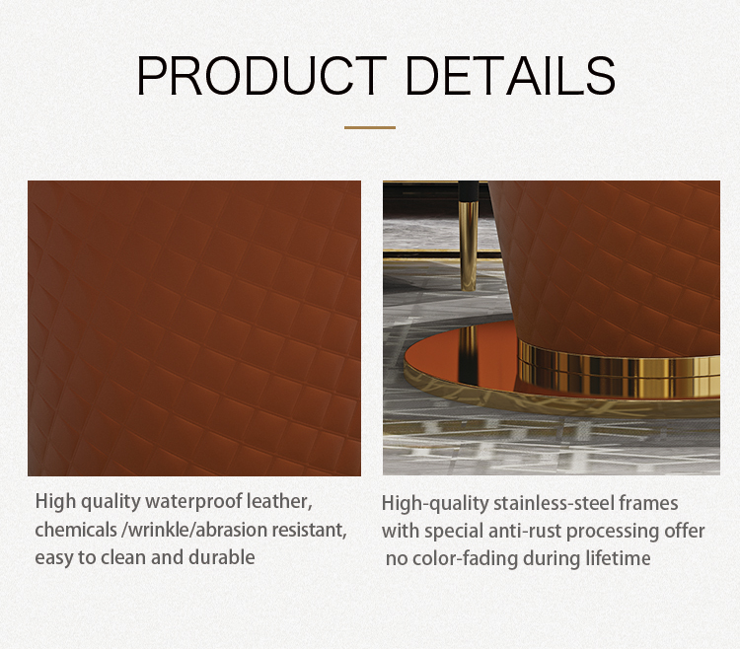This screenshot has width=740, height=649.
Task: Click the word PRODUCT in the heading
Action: [x=261, y=76]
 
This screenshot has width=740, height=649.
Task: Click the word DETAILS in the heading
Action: [x=510, y=76]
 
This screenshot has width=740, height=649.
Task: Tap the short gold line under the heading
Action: [x=370, y=127]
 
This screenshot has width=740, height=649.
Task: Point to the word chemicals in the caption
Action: [x=76, y=530]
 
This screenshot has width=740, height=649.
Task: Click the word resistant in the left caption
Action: [x=309, y=530]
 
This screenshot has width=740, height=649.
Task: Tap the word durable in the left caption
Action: [x=222, y=557]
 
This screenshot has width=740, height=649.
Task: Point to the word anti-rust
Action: [x=525, y=531]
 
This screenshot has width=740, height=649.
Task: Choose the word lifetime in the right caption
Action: [x=618, y=559]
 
